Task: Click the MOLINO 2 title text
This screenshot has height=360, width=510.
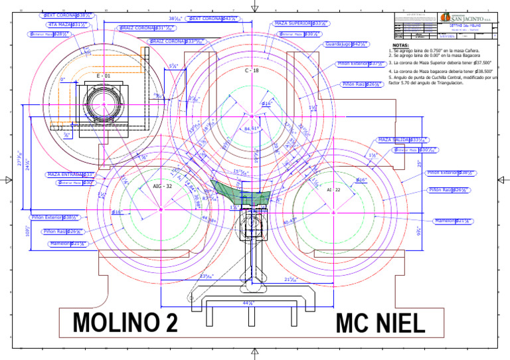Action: (x=126, y=323)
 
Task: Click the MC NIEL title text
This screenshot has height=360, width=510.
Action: (x=380, y=323)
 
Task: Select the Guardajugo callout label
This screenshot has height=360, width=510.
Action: (x=345, y=44)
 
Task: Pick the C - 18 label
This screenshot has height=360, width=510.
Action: (x=251, y=70)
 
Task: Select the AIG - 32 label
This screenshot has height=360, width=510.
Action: (x=163, y=187)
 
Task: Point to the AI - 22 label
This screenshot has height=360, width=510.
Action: (x=333, y=190)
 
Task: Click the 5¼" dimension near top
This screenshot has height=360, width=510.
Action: (x=173, y=66)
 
